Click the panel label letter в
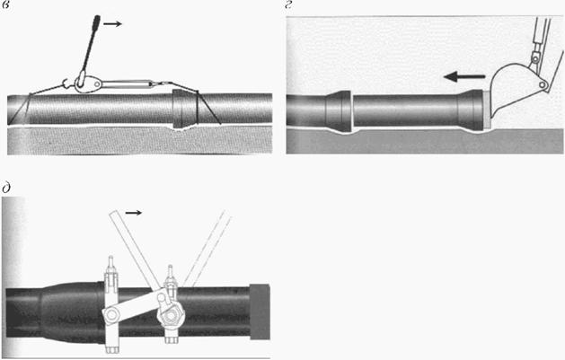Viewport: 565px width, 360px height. point(5,7)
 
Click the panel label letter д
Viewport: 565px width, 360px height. point(6,188)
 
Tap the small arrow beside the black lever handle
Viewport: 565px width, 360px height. point(112,23)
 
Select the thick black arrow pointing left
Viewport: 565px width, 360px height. point(464,76)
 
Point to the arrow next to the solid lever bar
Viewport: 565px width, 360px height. point(133,213)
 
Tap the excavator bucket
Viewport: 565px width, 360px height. point(519,90)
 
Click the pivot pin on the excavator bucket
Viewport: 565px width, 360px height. point(543,85)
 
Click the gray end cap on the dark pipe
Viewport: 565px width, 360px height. point(260,312)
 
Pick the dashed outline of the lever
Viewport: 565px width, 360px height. point(207,249)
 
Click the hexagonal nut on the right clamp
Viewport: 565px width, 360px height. point(171,316)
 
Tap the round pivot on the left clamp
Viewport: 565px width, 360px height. point(112,315)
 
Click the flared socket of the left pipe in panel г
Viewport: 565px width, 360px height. point(338,110)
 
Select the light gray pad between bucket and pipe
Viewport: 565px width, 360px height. point(487,109)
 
